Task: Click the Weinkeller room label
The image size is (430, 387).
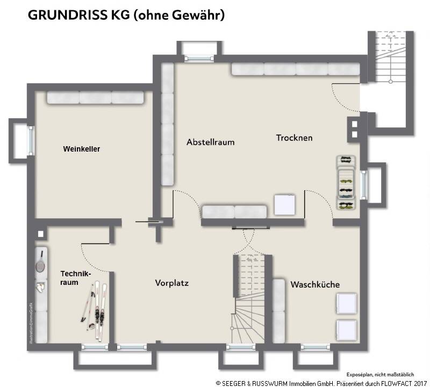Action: pyautogui.click(x=81, y=149)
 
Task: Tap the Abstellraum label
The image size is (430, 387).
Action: pyautogui.click(x=210, y=142)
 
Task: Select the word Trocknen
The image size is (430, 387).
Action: pyautogui.click(x=294, y=138)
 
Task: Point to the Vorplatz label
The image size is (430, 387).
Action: pyautogui.click(x=172, y=283)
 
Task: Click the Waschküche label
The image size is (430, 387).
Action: pyautogui.click(x=315, y=284)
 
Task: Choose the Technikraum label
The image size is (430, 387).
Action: pyautogui.click(x=76, y=278)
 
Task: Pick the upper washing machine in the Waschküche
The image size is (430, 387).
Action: pyautogui.click(x=346, y=303)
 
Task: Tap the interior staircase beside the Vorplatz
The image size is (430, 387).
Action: pyautogui.click(x=248, y=298)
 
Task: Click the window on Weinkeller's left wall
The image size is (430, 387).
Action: pyautogui.click(x=30, y=141)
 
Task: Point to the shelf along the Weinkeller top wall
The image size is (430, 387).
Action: pyautogui.click(x=95, y=97)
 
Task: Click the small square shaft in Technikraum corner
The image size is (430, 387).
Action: pyautogui.click(x=41, y=234)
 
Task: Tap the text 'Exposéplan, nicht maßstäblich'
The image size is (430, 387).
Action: pyautogui.click(x=379, y=374)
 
